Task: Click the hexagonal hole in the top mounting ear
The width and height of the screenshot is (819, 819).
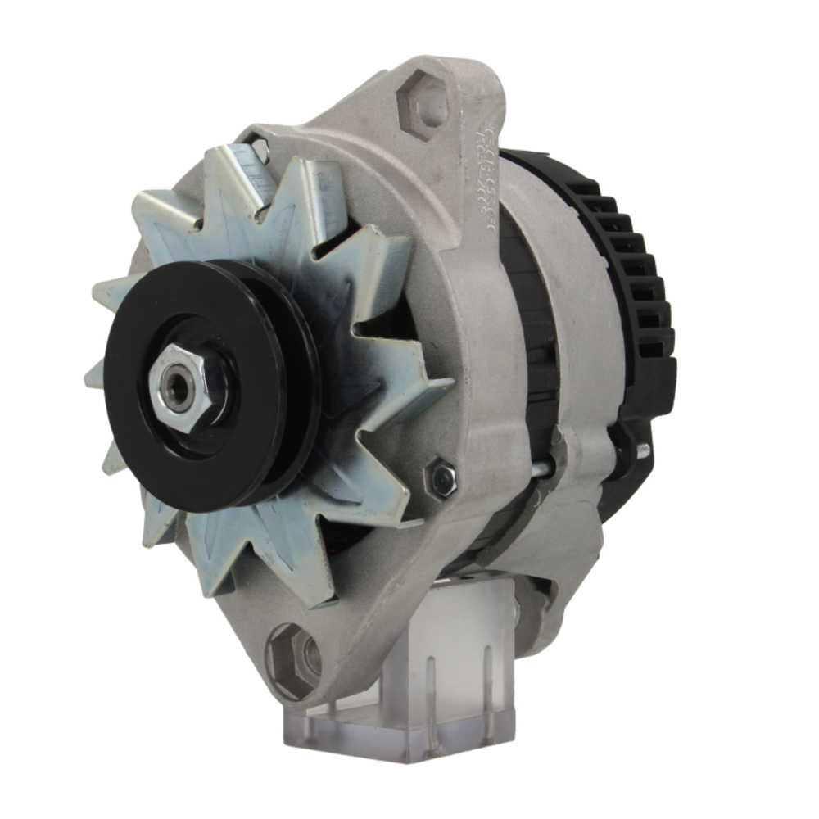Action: click(423, 105)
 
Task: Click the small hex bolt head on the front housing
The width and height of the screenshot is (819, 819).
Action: click(441, 479)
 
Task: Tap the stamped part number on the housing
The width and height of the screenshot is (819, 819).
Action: click(481, 175)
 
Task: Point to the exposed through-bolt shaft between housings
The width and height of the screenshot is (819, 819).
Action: click(541, 472)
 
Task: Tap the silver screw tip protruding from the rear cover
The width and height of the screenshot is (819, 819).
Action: click(642, 450)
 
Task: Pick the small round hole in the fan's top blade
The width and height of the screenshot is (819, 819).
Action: click(260, 149)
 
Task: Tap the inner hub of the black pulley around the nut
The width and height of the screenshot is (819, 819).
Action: click(205, 409)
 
